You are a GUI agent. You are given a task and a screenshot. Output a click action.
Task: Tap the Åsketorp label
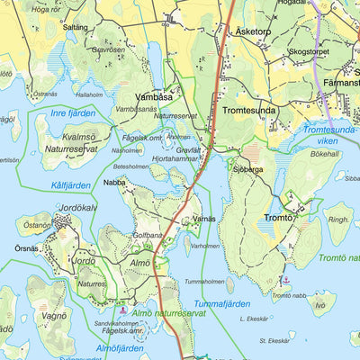[x=252, y=30]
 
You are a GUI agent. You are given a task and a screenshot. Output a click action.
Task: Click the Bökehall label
[x=325, y=154]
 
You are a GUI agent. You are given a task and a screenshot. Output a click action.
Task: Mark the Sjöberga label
[x=247, y=167]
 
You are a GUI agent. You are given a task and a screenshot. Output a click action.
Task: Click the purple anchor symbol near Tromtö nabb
[x=285, y=281]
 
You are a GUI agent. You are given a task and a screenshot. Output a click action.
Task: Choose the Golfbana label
[x=148, y=235]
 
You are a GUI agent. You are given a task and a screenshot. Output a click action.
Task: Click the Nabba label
[x=114, y=182]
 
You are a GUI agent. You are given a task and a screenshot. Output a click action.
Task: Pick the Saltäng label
[x=76, y=27]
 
